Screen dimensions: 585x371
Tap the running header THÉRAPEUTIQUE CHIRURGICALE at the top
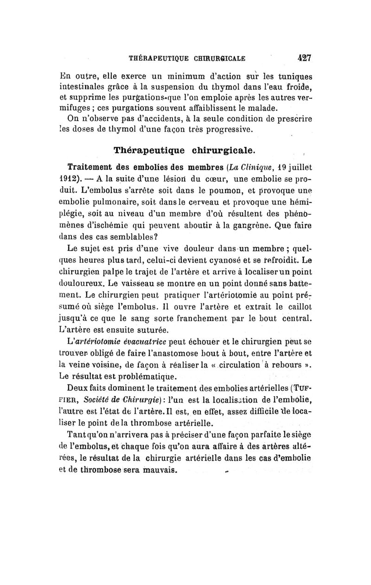point(187,59)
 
